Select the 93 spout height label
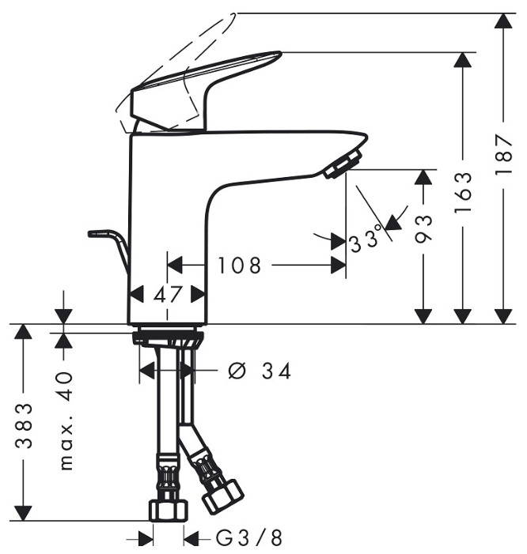tap(424, 228)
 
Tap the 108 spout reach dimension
tap(239, 266)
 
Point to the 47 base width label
tap(168, 294)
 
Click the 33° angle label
tap(366, 238)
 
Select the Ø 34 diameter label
tap(260, 370)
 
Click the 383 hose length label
tap(25, 424)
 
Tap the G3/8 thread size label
tap(248, 538)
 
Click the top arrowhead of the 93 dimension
tap(424, 178)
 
